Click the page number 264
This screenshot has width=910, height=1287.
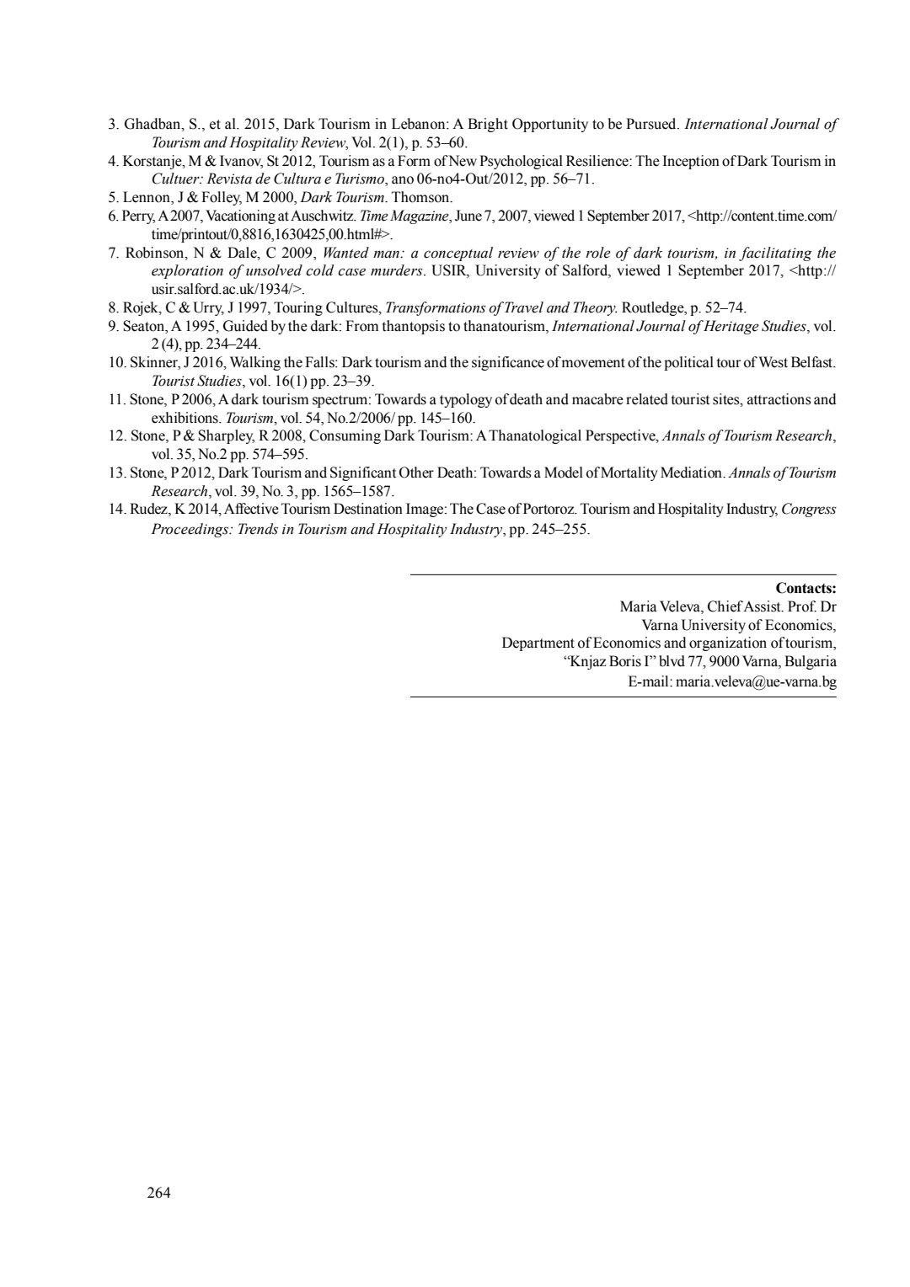coord(159,1192)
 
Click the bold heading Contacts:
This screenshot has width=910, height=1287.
coord(806,588)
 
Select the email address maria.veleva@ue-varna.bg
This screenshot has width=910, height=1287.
coord(756,681)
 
